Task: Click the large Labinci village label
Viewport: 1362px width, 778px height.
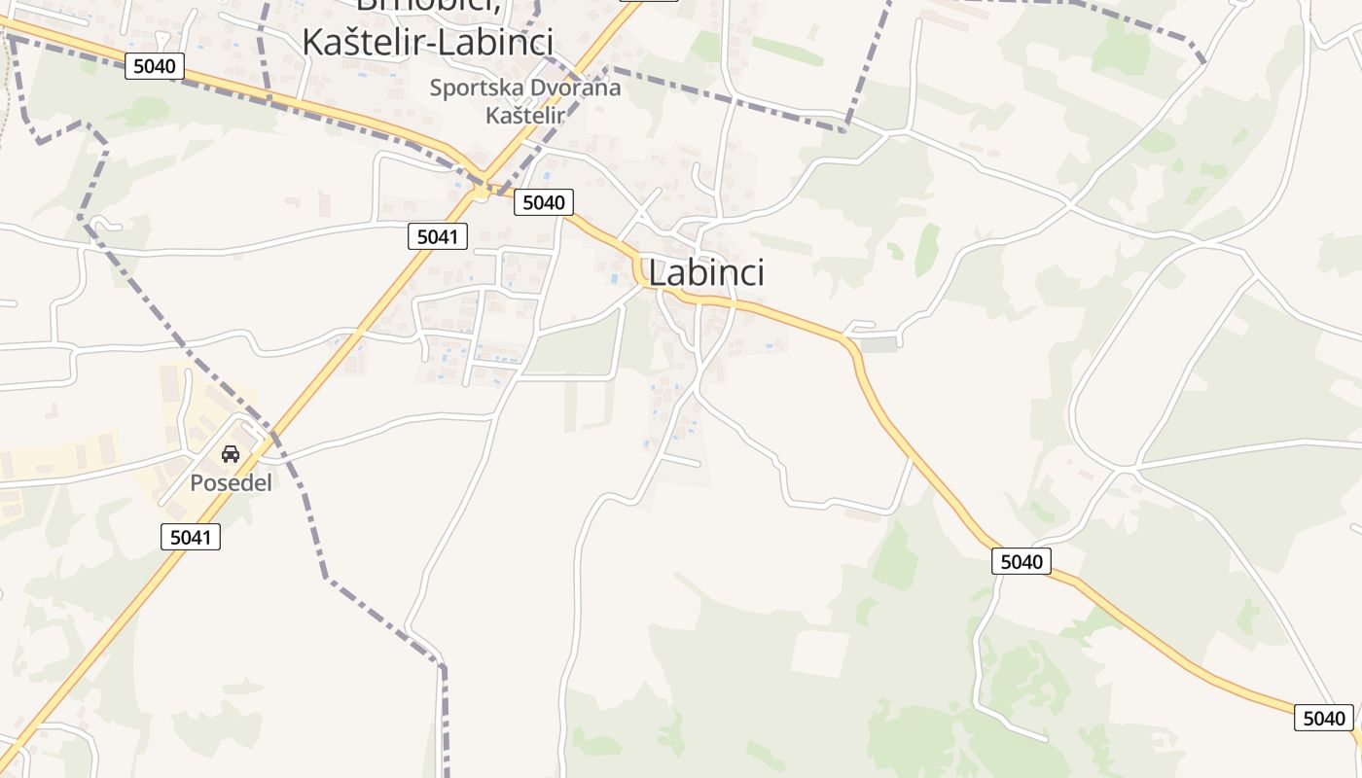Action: tap(705, 273)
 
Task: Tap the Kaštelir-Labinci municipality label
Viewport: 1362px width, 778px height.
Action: tap(427, 42)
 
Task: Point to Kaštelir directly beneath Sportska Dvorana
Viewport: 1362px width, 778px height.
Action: tap(524, 115)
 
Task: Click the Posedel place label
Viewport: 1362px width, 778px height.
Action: tap(231, 482)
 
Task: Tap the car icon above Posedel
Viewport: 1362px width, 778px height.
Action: tap(231, 453)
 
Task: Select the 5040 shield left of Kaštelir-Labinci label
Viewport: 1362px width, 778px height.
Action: tap(155, 66)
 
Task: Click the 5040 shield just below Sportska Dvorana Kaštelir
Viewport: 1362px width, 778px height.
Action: tap(543, 202)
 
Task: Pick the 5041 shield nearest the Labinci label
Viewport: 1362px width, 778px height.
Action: tap(438, 235)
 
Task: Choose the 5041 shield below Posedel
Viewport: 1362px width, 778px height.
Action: tap(191, 536)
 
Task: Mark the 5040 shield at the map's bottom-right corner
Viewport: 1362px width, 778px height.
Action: tap(1323, 719)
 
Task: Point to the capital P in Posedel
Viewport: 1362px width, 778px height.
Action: tap(196, 482)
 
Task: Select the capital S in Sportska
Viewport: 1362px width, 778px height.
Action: tap(436, 88)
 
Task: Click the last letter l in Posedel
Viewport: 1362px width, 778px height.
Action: tap(269, 482)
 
